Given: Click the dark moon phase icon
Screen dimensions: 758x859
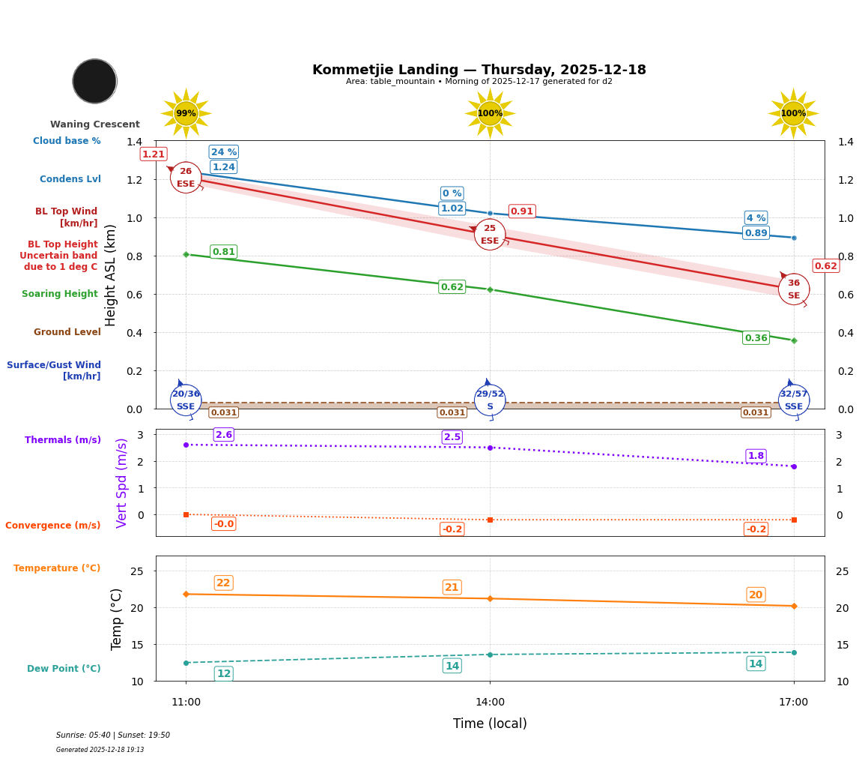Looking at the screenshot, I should [94, 81].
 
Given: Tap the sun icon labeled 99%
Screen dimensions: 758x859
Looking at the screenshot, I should [186, 113].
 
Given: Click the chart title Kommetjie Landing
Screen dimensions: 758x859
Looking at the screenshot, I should [479, 70].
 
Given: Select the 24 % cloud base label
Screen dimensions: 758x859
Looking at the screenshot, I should [223, 151].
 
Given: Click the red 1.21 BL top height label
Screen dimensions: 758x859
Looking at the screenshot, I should [154, 154].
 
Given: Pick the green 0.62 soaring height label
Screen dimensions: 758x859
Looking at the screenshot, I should [452, 287].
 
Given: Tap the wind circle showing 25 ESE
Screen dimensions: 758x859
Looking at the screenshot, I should [490, 235].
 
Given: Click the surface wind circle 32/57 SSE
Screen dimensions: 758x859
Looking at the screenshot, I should [793, 400].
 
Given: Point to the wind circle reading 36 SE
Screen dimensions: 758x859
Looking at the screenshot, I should [793, 289].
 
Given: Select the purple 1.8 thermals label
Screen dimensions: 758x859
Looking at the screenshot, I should [756, 456].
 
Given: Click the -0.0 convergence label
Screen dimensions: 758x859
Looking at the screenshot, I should [223, 524].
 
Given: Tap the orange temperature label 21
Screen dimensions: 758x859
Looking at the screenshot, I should [452, 587].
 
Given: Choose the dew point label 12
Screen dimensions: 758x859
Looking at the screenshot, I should [223, 674].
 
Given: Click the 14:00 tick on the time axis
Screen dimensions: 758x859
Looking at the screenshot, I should [490, 703].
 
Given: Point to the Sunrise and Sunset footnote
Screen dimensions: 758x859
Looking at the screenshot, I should [113, 736].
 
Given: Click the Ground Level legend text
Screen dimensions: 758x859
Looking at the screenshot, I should [67, 332].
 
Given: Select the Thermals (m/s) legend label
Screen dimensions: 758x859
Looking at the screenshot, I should [63, 440].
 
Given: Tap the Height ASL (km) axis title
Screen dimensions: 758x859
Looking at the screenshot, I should [111, 275].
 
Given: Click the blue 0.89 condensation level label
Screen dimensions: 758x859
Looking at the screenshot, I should [756, 233].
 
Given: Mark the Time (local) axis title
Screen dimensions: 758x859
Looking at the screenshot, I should [490, 724].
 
